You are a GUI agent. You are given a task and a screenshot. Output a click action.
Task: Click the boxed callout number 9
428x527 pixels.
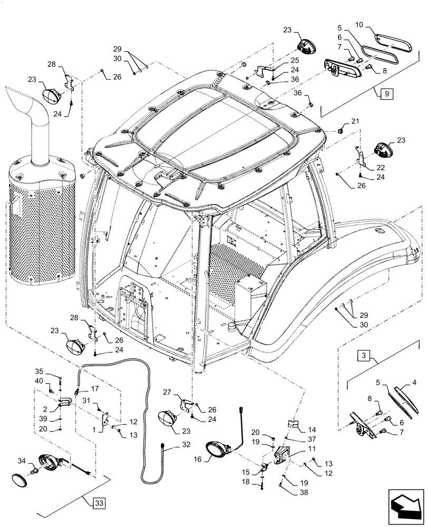[386, 94]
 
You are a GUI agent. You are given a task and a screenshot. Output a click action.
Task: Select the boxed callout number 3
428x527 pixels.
[364, 356]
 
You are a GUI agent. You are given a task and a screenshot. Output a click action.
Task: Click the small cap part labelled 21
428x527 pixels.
[341, 129]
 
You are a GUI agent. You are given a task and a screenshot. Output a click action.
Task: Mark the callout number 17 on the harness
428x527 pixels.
[95, 389]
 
